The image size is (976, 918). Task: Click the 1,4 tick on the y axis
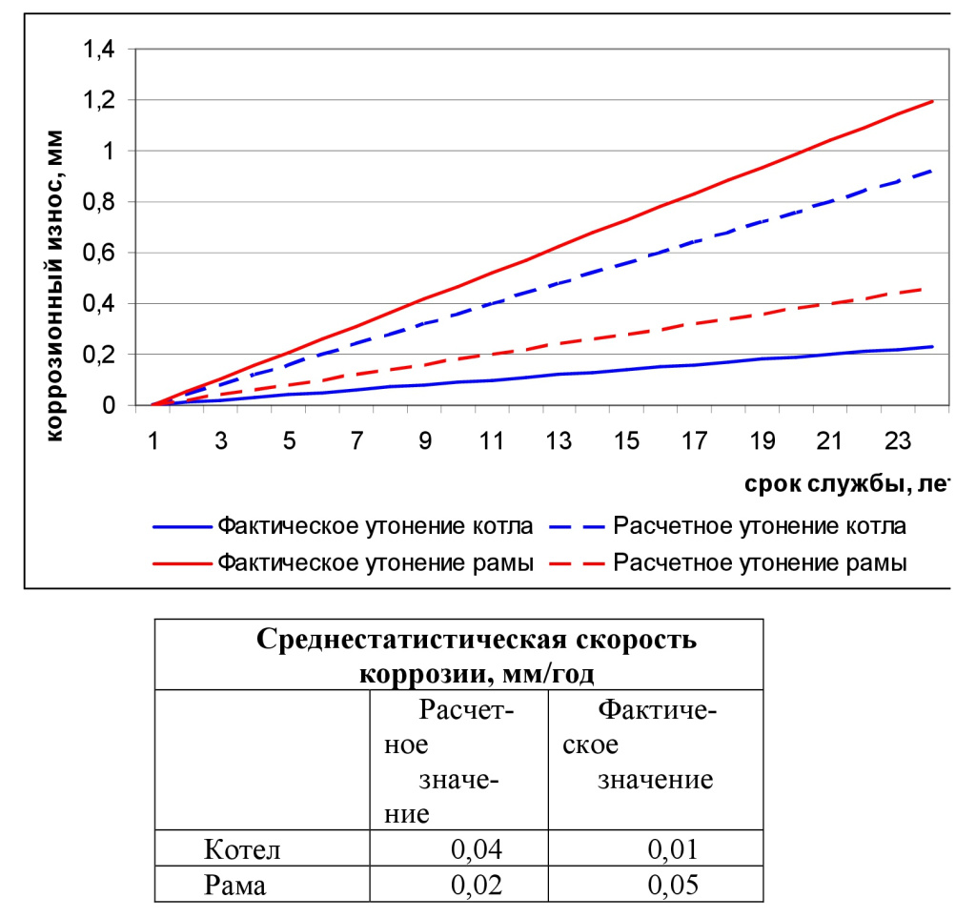[99, 50]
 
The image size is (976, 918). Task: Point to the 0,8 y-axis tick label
[99, 202]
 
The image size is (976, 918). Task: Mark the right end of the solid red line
[931, 101]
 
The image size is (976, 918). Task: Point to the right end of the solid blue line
[931, 346]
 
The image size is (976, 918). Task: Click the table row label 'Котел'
[243, 848]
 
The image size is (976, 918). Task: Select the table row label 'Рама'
[235, 885]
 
